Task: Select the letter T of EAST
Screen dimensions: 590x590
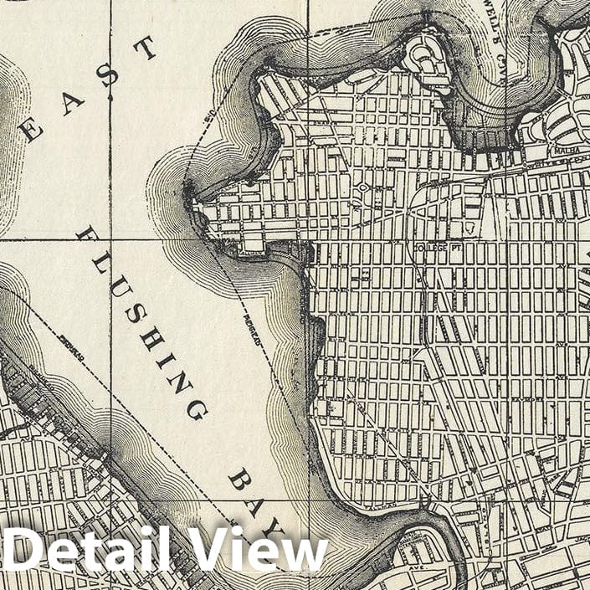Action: point(146,49)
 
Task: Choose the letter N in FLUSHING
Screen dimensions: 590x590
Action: point(178,379)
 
